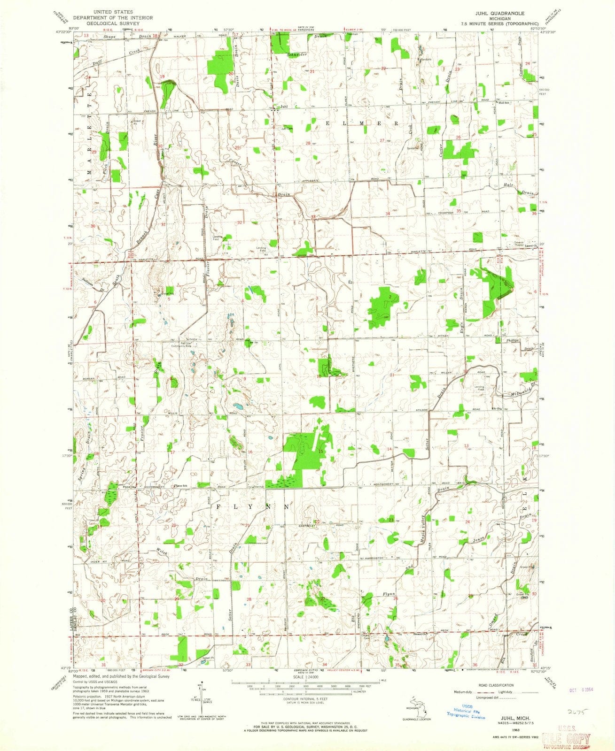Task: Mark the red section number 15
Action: tap(321, 451)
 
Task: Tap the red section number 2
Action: tap(390, 297)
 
